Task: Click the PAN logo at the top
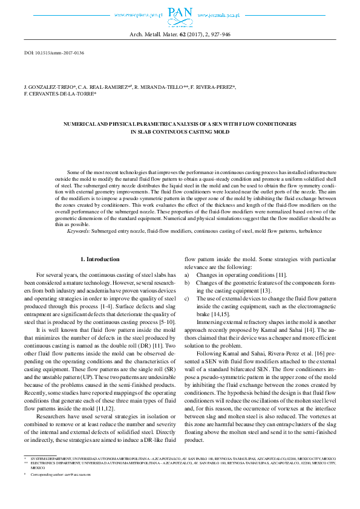(180, 15)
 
